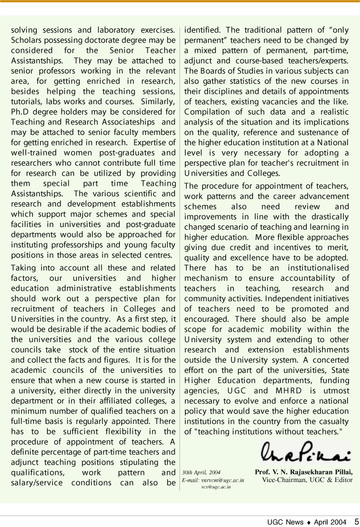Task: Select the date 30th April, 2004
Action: [201, 472]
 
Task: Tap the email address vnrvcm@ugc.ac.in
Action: [213, 479]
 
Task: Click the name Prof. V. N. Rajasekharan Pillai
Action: [304, 472]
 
